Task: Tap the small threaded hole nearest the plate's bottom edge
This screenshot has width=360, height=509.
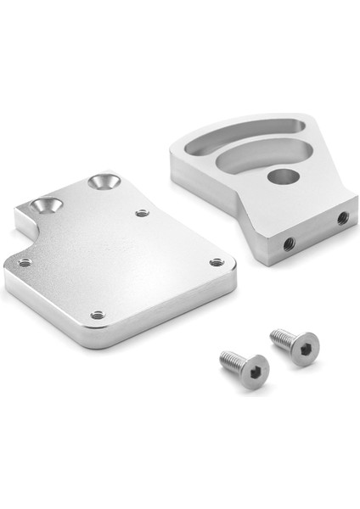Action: click(98, 314)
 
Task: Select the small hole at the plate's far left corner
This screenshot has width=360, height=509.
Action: click(25, 263)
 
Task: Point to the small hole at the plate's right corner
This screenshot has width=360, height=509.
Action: click(217, 262)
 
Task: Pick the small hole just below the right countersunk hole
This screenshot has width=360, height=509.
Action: click(143, 212)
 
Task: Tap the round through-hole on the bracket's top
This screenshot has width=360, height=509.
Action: click(284, 176)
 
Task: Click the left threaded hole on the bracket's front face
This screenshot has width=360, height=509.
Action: click(288, 243)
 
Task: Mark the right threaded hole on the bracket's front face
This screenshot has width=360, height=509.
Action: click(342, 218)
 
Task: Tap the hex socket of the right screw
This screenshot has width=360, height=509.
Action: click(303, 346)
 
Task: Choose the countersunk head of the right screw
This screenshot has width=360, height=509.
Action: click(301, 348)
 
